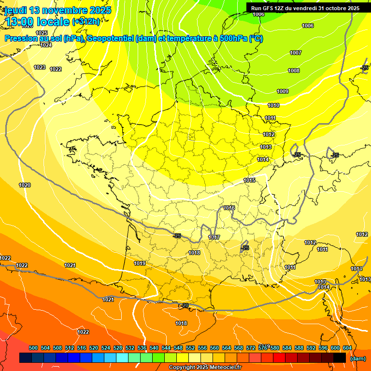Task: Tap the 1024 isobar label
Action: tap(46, 45)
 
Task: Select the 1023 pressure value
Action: tap(40, 67)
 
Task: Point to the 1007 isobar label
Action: tap(296, 53)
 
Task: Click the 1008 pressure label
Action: tap(294, 71)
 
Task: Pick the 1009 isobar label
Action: tap(283, 91)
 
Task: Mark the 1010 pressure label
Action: tap(273, 105)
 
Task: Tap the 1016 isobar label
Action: tap(229, 208)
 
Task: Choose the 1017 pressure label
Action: tap(214, 237)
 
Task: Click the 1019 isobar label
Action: tap(140, 263)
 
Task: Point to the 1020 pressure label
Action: tap(25, 185)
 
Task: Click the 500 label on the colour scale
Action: tap(33, 348)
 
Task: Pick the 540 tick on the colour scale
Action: tap(154, 348)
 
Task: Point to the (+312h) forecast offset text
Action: tap(86, 21)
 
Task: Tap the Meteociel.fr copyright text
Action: tap(222, 367)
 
